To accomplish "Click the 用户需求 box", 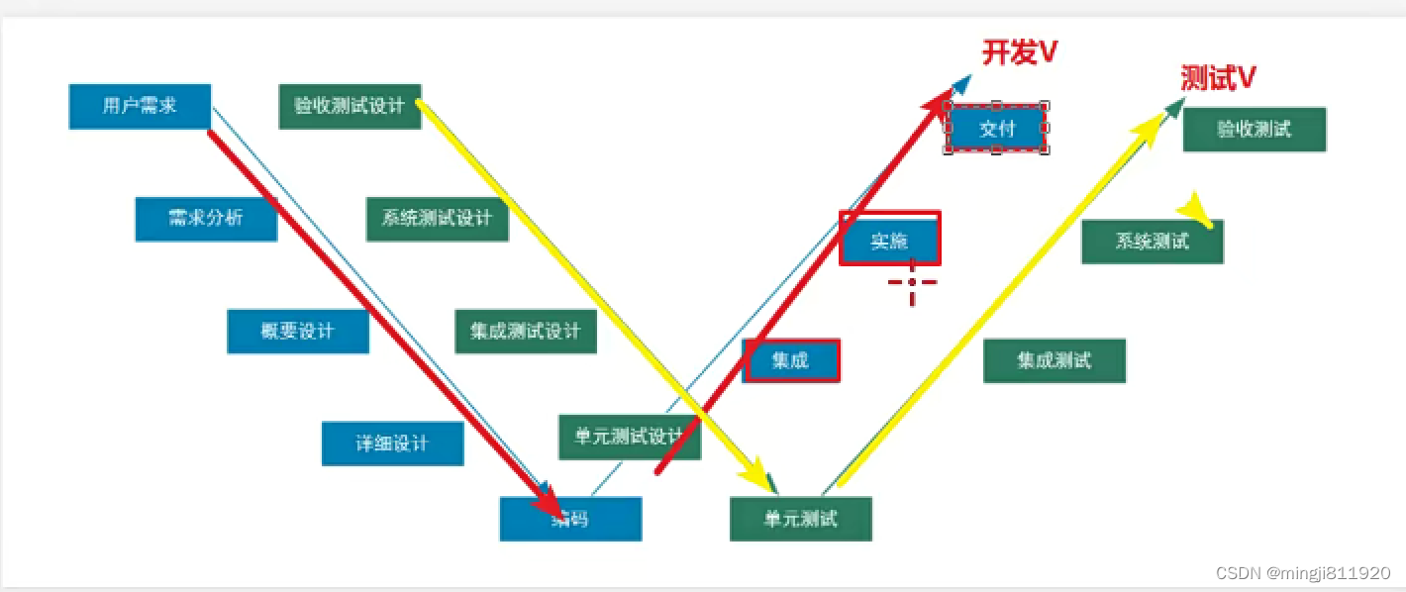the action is tap(140, 106).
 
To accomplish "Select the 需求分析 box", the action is tap(206, 219).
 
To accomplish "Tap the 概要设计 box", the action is tap(298, 332).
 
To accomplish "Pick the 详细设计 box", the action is tap(392, 444).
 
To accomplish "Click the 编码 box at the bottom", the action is tap(570, 519).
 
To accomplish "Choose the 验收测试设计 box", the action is tap(350, 106).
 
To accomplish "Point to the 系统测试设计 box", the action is tap(437, 219).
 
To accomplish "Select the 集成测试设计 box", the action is tap(526, 332).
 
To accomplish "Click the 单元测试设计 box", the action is tap(630, 437).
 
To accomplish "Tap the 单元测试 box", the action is tap(801, 519).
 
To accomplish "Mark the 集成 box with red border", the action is tap(791, 360).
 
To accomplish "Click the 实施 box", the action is tap(889, 239).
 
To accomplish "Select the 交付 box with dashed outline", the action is tap(997, 128).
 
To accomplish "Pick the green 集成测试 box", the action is tap(1054, 360).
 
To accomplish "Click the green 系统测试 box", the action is tap(1153, 242).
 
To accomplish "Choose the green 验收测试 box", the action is tap(1255, 130).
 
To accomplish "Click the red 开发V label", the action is tap(1020, 51).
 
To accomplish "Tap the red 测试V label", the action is tap(1219, 78).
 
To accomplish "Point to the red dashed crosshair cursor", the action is tap(912, 282).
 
